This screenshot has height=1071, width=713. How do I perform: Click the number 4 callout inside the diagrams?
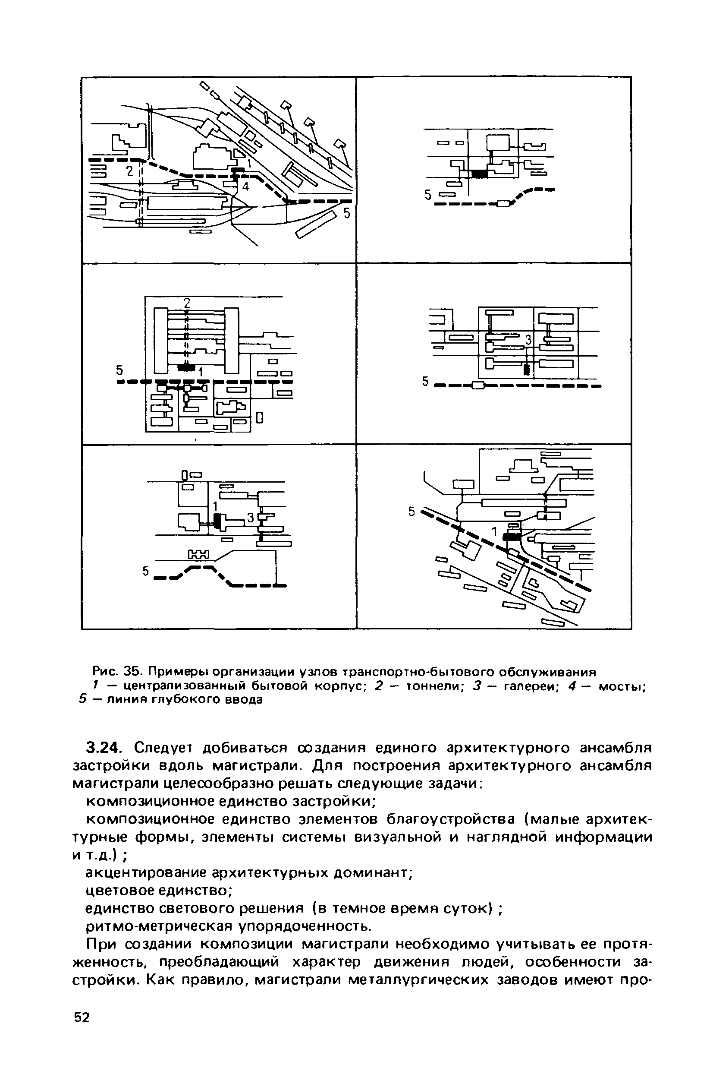pyautogui.click(x=245, y=186)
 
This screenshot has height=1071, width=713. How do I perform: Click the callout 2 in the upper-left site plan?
pyautogui.click(x=129, y=171)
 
